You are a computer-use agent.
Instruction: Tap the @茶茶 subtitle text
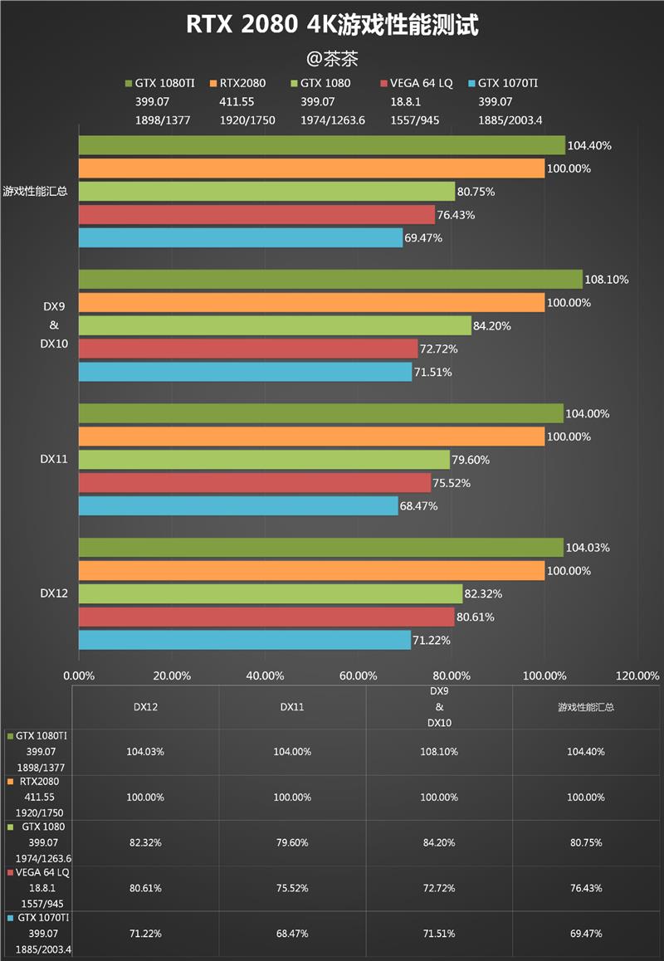pos(332,58)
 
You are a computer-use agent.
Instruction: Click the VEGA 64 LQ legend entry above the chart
pos(415,83)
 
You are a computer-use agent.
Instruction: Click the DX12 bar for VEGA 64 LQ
pos(266,617)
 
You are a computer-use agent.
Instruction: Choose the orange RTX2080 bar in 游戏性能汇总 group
pos(312,168)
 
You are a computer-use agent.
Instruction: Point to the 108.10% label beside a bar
pos(607,280)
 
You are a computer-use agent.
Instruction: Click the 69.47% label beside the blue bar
pos(424,238)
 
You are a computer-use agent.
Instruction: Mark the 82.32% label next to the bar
pos(484,594)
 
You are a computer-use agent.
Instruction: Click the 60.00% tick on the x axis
pos(359,676)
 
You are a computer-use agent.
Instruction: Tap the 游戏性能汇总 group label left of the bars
pos(36,191)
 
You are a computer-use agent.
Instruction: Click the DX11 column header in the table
pos(292,707)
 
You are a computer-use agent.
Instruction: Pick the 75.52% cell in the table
pos(292,888)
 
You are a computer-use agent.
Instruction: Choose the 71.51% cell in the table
pos(439,934)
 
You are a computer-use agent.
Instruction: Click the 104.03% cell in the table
pos(145,752)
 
